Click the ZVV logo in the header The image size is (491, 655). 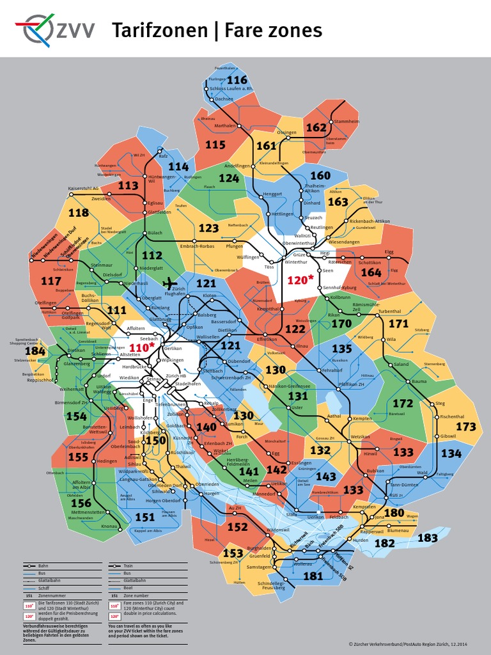55,29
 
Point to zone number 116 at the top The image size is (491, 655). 237,80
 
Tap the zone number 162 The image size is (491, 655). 316,127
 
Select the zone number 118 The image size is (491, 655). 79,213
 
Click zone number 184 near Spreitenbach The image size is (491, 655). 35,351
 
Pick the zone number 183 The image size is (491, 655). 428,538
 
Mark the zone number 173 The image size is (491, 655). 465,426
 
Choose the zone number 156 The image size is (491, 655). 81,503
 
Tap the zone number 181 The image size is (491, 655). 313,576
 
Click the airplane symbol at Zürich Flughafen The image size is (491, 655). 169,283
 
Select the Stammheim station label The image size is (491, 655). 347,121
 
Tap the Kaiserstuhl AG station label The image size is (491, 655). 83,189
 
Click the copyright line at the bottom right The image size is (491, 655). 413,643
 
